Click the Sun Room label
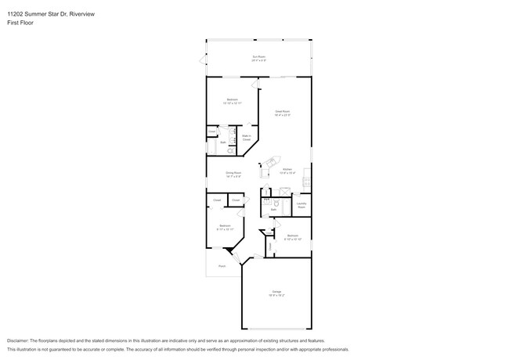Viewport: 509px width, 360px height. click(258, 57)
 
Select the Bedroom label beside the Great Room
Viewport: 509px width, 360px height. click(232, 100)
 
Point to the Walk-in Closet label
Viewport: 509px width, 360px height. click(246, 138)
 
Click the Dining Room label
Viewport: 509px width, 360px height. click(233, 174)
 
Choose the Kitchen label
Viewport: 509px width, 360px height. click(287, 170)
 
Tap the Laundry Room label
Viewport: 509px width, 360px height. click(301, 206)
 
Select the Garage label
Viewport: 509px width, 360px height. click(277, 293)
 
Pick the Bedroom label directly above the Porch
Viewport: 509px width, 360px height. click(225, 226)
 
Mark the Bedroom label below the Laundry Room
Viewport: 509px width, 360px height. click(292, 236)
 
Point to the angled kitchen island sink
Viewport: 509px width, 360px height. click(270, 163)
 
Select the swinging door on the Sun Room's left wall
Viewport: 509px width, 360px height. click(204, 59)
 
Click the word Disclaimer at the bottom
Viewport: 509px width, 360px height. click(21, 341)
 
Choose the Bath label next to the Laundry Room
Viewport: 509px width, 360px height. click(273, 210)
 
